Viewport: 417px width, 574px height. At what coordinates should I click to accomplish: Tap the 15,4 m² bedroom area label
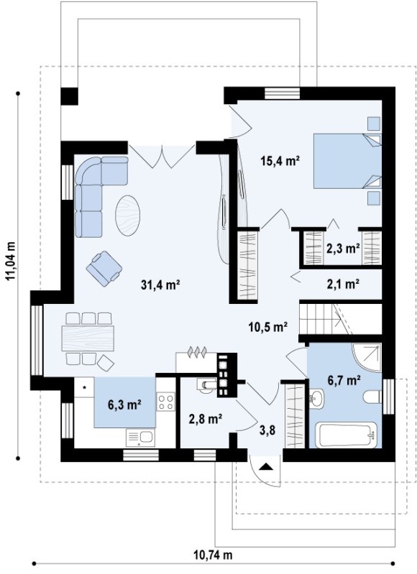coord(280,160)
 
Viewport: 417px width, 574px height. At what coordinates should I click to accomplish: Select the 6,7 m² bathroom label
coord(344,380)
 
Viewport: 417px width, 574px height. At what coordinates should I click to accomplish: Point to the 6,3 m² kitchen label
coord(124,404)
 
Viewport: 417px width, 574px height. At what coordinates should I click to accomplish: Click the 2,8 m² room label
coord(206,418)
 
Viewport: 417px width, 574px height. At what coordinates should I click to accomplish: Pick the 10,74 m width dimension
coord(213,555)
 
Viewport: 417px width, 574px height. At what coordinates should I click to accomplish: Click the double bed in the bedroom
coord(347,161)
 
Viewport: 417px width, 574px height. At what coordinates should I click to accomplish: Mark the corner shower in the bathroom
coord(367,358)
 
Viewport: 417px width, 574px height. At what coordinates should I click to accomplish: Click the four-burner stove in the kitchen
coord(165,401)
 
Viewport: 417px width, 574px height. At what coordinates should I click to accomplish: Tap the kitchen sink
coord(140,438)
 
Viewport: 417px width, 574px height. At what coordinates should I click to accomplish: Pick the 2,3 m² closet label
coord(343,249)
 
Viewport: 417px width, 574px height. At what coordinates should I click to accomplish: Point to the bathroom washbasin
coord(316,399)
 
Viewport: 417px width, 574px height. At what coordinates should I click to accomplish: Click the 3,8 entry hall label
coord(267,430)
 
